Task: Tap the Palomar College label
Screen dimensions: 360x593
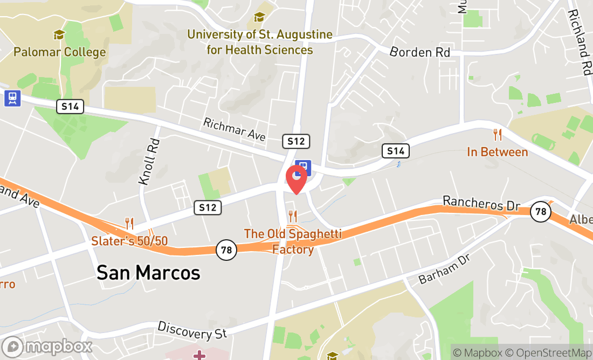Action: (59, 52)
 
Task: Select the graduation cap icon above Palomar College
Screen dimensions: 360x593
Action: (59, 35)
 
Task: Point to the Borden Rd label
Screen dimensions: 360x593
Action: (419, 52)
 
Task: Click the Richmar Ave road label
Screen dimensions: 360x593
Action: (235, 130)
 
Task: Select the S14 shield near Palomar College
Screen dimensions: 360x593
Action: (70, 106)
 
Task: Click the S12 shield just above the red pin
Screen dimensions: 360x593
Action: (296, 141)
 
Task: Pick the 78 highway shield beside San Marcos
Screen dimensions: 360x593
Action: (227, 250)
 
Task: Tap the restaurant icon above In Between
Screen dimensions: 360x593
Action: (498, 135)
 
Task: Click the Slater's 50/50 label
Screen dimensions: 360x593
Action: (129, 240)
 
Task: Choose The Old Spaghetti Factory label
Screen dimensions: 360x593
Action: (293, 241)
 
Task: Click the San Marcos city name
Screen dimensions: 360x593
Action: (148, 273)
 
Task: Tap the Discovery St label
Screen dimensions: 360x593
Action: (192, 330)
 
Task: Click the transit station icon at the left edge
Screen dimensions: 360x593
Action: (12, 98)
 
